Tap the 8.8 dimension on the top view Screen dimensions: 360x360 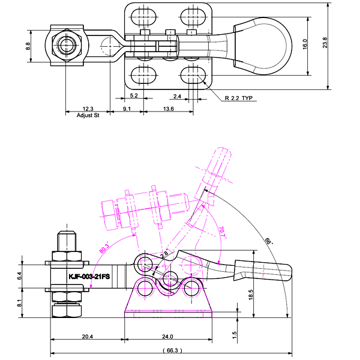(28, 46)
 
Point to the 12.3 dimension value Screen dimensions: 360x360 (88, 109)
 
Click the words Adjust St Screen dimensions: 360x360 (88, 115)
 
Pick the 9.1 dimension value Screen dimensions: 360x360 (127, 109)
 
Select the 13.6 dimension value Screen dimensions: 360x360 (169, 109)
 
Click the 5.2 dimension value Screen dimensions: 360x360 (134, 95)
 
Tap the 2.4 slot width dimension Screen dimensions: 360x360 (178, 95)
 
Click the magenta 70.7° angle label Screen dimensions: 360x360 (221, 232)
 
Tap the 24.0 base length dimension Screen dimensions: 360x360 (167, 337)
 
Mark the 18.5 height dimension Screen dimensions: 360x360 (250, 293)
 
